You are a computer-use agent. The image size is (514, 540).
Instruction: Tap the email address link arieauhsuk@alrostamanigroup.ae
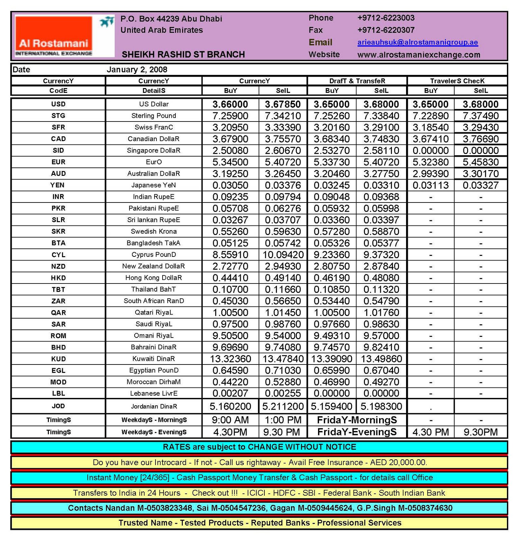(417, 42)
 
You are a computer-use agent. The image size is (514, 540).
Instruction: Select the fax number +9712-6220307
(385, 30)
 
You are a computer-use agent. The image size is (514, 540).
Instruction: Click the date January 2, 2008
(137, 70)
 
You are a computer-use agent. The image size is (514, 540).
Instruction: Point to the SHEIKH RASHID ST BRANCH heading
(183, 54)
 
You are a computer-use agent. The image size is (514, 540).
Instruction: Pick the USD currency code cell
(58, 104)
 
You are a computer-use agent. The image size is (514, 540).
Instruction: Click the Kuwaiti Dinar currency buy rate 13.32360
(230, 359)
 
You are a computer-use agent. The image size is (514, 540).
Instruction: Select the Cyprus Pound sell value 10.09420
(283, 254)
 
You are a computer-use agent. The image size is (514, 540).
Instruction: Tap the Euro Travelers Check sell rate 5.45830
(480, 162)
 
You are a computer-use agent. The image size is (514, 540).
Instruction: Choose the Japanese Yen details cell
(153, 185)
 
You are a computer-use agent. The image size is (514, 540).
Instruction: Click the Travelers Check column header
(457, 81)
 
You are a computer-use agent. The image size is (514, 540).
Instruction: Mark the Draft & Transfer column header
(357, 81)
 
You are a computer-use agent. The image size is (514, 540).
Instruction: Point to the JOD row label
(58, 406)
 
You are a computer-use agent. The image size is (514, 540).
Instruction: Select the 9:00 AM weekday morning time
(230, 420)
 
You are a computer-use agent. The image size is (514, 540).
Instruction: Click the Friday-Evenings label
(357, 432)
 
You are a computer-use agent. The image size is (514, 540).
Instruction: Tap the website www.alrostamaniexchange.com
(419, 55)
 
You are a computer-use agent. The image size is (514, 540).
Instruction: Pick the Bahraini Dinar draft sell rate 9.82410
(381, 347)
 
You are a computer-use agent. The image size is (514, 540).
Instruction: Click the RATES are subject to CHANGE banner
(259, 447)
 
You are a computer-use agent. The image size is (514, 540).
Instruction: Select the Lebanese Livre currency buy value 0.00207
(230, 393)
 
